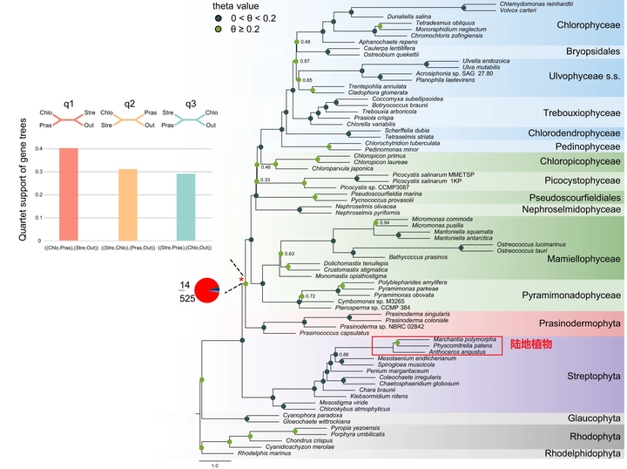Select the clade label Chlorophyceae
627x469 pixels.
click(589, 25)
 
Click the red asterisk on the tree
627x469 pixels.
click(242, 275)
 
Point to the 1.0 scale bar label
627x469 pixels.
click(214, 466)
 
